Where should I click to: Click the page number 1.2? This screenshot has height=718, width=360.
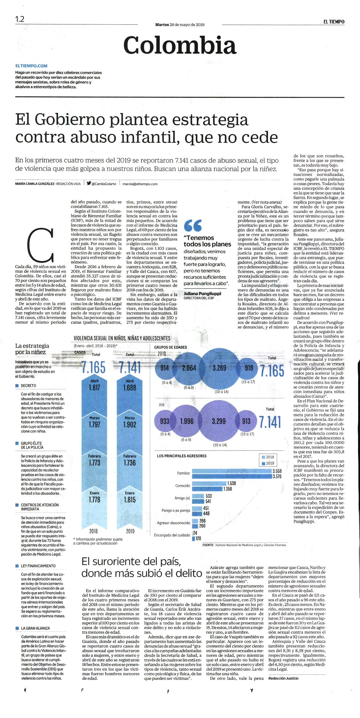[19, 19]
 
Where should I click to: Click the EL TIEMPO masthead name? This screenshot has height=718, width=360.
[334, 22]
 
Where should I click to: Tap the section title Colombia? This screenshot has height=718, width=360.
[180, 45]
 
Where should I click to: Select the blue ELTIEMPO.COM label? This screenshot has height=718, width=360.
[31, 66]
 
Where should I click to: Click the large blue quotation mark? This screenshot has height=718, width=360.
[193, 225]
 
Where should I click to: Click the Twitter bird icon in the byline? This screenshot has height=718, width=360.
[89, 183]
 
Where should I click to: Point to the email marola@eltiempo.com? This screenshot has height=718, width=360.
[140, 184]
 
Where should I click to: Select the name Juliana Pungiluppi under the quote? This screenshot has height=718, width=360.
[202, 294]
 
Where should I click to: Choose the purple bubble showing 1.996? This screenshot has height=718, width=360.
[187, 421]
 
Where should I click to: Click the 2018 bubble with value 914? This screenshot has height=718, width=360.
[164, 368]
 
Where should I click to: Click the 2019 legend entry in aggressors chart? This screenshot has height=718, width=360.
[268, 463]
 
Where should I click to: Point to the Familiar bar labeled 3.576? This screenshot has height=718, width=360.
[232, 476]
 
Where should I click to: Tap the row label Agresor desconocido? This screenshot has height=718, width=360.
[174, 523]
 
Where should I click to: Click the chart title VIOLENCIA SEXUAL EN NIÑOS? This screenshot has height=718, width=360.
[122, 338]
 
